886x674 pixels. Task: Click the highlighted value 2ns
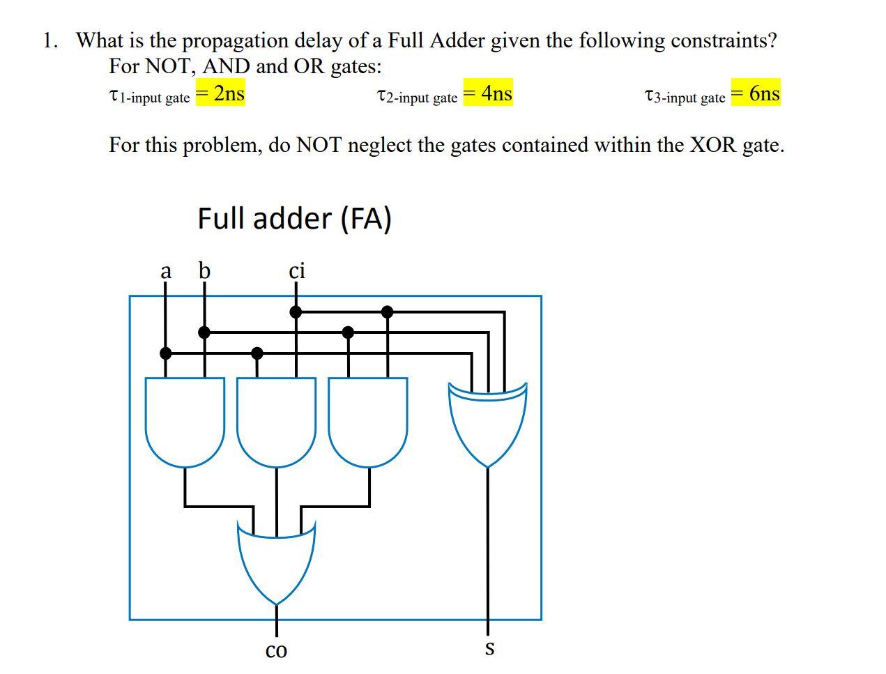(221, 93)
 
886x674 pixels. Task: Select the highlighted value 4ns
(489, 93)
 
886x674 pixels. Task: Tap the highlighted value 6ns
(756, 93)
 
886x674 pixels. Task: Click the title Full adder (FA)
(294, 218)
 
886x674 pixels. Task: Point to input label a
(165, 270)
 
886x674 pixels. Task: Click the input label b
(204, 270)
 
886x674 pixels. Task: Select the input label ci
(297, 270)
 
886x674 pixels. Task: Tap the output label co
(276, 650)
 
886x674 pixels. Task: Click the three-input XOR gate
(488, 422)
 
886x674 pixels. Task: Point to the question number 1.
(48, 40)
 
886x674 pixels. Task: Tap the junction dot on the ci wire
(296, 312)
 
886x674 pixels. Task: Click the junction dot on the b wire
(204, 332)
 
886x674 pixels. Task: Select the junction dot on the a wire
(165, 353)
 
